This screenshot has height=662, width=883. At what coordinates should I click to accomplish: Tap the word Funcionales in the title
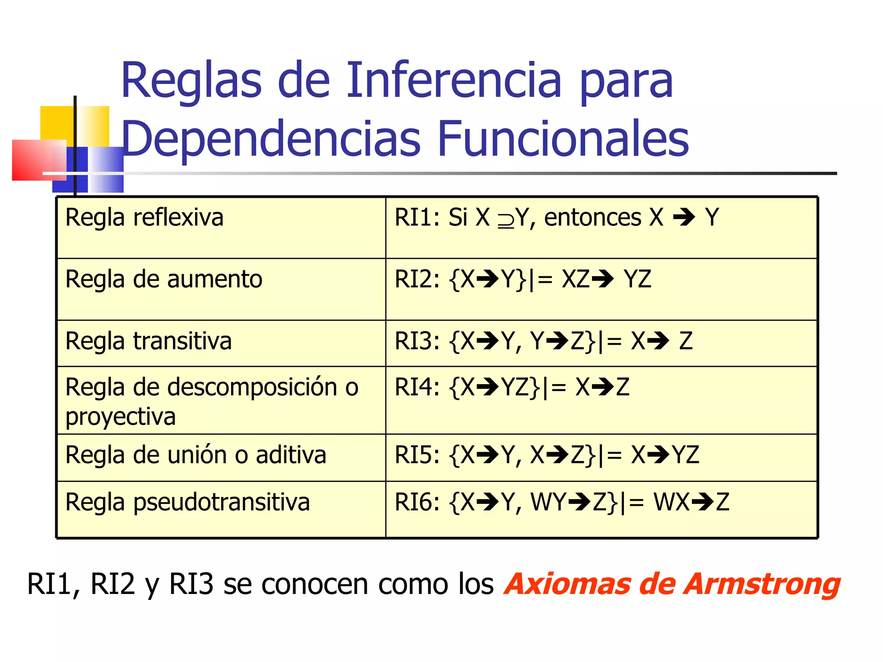tap(563, 139)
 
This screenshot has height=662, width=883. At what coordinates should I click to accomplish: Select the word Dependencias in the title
tap(271, 139)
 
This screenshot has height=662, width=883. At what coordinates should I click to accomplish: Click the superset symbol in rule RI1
tap(506, 220)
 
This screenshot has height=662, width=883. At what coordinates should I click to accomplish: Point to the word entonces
tap(592, 217)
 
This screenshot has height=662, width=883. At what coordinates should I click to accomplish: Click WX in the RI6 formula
tap(671, 503)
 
